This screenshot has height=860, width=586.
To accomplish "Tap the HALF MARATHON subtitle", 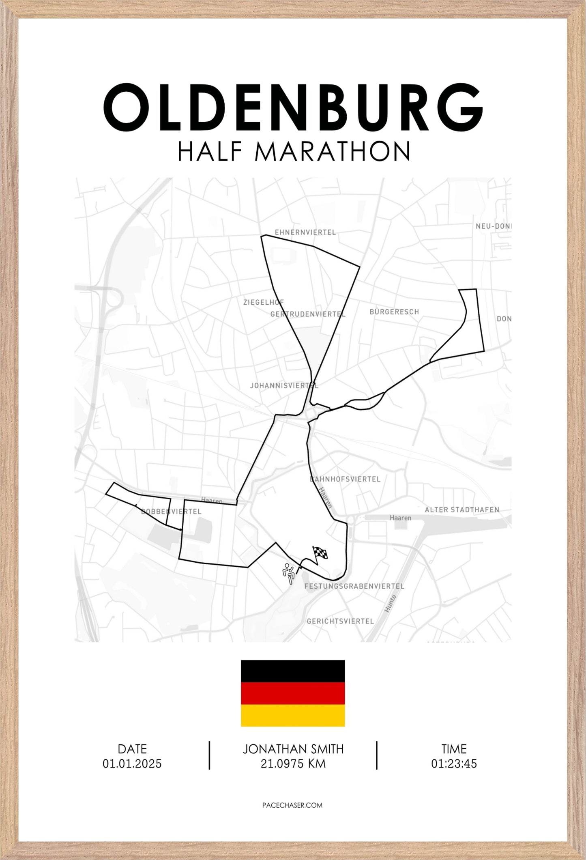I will [294, 151].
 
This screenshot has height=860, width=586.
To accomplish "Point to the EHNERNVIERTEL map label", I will [305, 232].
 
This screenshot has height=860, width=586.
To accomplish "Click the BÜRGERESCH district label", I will [394, 312].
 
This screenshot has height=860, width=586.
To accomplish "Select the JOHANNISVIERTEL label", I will [284, 385].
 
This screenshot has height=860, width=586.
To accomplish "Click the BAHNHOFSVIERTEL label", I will [345, 479].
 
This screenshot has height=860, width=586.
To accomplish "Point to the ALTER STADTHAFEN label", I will [462, 510].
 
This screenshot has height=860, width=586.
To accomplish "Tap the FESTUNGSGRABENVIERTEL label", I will [354, 586].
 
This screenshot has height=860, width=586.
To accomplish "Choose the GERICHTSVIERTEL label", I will [340, 621].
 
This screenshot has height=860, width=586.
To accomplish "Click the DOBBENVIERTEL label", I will [171, 512].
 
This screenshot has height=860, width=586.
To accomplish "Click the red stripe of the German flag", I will [293, 694].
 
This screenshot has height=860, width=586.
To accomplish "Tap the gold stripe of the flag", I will [293, 716].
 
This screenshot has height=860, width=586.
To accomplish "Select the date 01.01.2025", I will [132, 764].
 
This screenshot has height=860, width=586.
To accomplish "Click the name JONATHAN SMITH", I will [293, 749].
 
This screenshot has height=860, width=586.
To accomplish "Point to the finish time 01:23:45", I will [454, 764].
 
